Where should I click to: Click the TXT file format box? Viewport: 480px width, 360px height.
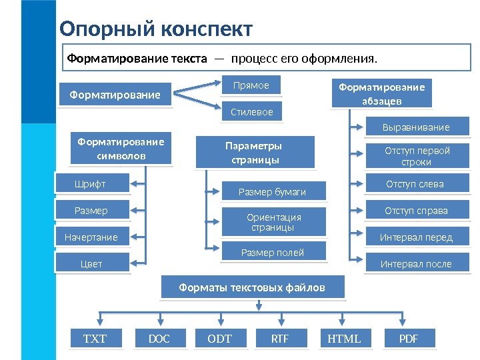tap(95, 339)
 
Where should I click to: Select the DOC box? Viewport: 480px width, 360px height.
tap(159, 339)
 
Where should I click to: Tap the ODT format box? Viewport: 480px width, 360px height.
tap(220, 339)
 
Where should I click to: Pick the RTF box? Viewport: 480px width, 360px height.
tap(280, 339)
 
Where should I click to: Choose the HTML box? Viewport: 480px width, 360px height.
tap(345, 339)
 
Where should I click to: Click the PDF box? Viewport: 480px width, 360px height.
tap(409, 339)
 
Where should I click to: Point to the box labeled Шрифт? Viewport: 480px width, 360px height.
tap(91, 184)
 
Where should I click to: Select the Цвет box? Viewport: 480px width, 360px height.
tap(92, 264)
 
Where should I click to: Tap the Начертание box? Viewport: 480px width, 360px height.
tap(91, 237)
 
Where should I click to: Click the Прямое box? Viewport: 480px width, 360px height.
tap(251, 85)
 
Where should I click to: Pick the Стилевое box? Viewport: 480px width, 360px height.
tap(251, 112)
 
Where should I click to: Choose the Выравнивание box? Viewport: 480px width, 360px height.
tap(416, 127)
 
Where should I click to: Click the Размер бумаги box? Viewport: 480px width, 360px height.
tap(273, 192)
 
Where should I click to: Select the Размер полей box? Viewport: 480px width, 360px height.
tap(273, 253)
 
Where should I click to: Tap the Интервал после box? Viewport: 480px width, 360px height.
tap(416, 264)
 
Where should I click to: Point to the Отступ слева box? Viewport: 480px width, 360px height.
tap(415, 184)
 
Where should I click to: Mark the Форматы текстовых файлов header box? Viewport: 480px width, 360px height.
tap(253, 288)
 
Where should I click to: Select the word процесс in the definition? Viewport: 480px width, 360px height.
tap(254, 59)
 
